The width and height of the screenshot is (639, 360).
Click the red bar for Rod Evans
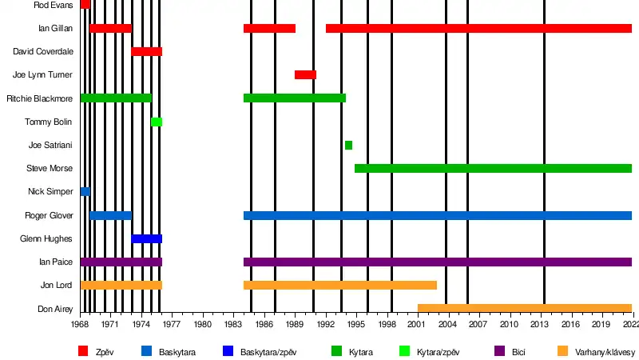click(85, 5)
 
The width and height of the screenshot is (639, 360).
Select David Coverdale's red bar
click(147, 52)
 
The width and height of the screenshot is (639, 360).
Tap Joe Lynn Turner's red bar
click(305, 75)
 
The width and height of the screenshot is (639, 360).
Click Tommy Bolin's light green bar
click(157, 122)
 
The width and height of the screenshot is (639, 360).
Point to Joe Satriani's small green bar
click(348, 145)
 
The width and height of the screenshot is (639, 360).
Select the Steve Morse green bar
click(493, 169)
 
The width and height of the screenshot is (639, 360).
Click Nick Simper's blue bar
click(85, 192)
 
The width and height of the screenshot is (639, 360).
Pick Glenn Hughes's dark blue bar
click(147, 239)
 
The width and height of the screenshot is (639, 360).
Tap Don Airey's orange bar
click(524, 309)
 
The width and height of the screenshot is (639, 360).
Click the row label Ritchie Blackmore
click(39, 98)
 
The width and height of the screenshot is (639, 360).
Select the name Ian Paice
click(56, 262)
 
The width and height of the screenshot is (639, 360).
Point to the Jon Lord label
click(56, 286)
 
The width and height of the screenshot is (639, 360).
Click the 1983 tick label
click(233, 324)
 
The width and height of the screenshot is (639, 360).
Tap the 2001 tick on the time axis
click(418, 324)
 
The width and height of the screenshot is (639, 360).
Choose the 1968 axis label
click(80, 324)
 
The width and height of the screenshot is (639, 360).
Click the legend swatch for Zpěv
click(83, 350)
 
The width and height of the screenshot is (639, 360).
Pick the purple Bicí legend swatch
click(500, 350)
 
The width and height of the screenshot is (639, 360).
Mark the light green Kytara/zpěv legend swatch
click(403, 350)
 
